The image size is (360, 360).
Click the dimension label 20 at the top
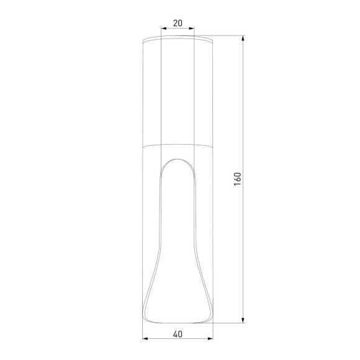pyautogui.click(x=178, y=23)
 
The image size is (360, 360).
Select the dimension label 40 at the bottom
pyautogui.click(x=178, y=334)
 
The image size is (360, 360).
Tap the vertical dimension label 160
pyautogui.click(x=237, y=179)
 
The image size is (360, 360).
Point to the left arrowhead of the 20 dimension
pyautogui.click(x=163, y=29)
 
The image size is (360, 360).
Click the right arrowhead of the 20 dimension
pyautogui.click(x=192, y=29)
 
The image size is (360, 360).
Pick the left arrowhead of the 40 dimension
pyautogui.click(x=145, y=339)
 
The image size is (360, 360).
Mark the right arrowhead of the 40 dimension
pyautogui.click(x=210, y=339)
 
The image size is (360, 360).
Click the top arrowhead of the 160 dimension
pyautogui.click(x=242, y=38)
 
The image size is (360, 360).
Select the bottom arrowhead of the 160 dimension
pyautogui.click(x=242, y=320)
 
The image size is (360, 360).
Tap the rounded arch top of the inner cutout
pyautogui.click(x=178, y=160)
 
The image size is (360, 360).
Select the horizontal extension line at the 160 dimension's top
pyautogui.click(x=230, y=35)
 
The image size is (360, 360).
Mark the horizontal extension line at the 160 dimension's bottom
pyautogui.click(x=230, y=323)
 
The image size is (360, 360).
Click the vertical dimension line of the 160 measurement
pyautogui.click(x=242, y=248)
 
